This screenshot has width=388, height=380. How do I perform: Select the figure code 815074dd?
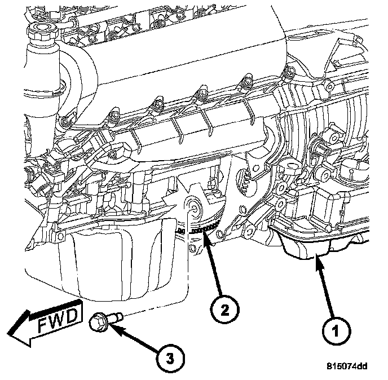pyautogui.click(x=347, y=366)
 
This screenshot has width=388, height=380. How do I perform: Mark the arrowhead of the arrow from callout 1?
pyautogui.click(x=316, y=261)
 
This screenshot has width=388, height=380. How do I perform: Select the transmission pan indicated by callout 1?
pyautogui.click(x=307, y=248)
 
